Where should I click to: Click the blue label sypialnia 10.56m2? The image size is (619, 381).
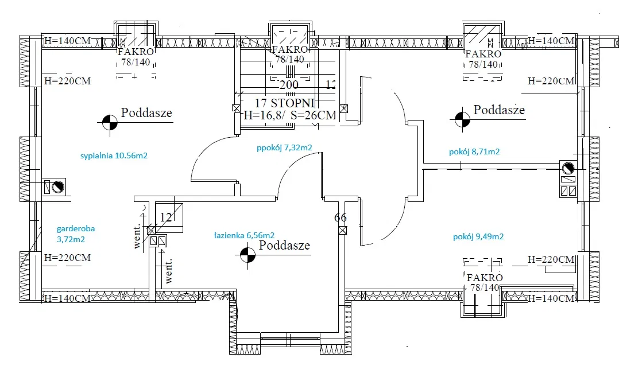[114, 155]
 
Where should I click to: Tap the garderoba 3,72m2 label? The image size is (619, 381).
[75, 233]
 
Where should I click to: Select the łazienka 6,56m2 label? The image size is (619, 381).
[243, 235]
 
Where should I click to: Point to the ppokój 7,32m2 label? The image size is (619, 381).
[284, 147]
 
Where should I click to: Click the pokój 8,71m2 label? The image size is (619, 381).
[474, 152]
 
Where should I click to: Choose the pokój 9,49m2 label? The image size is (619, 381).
[478, 236]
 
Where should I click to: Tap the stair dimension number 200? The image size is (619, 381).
[288, 85]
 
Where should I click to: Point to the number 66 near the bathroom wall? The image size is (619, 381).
[341, 217]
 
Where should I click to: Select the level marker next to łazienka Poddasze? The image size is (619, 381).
[247, 254]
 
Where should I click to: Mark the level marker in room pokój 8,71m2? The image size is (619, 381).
[461, 119]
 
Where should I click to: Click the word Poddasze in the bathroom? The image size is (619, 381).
[284, 246]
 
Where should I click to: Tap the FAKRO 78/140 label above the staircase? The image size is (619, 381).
[289, 55]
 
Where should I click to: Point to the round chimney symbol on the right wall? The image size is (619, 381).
[568, 169]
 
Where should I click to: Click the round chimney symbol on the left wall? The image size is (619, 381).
[58, 187]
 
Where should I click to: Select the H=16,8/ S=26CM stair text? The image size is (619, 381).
[289, 115]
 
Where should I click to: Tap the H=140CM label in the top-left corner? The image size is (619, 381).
[67, 41]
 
